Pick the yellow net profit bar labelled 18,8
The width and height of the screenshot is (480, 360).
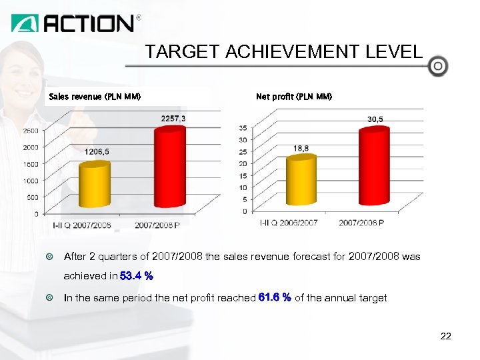[301, 181]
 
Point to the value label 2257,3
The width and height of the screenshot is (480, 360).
[173, 118]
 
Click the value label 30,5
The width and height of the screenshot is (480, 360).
[375, 119]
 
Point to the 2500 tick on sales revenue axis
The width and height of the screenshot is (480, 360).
[31, 131]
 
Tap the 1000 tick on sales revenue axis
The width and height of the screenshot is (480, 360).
[31, 181]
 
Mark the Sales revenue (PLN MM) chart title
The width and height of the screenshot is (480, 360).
[95, 97]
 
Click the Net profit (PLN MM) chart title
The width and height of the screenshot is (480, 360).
[294, 97]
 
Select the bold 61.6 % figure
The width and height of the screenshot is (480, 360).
[274, 298]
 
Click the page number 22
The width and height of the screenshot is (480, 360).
[446, 336]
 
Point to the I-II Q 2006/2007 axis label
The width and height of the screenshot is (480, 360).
[288, 223]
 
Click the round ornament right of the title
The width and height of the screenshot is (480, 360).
[438, 66]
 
